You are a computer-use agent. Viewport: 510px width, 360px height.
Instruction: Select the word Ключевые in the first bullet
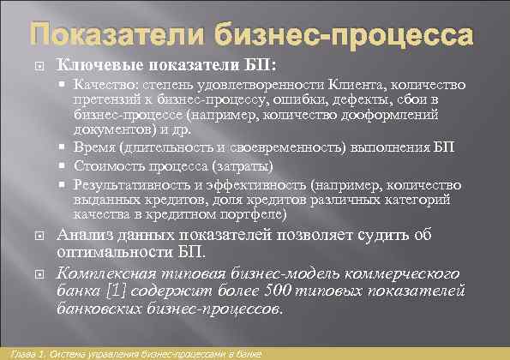[x=93, y=65]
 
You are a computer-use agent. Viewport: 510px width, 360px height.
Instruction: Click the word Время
[x=93, y=147]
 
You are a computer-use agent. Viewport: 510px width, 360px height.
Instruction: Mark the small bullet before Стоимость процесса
[x=65, y=165]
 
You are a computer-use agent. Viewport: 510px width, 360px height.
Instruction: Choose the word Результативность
[x=128, y=183]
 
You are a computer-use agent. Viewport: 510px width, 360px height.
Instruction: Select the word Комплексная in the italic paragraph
[x=109, y=275]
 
